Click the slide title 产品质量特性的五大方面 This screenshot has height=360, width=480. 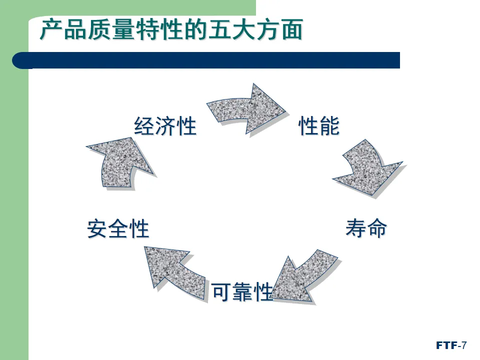click(171, 30)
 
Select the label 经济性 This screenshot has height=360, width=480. click(165, 126)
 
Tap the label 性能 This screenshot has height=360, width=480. click(319, 126)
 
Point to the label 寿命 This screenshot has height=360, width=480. click(366, 229)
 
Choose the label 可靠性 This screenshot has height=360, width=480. click(242, 292)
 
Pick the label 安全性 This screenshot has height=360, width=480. click(118, 229)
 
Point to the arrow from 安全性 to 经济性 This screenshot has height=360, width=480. click(118, 162)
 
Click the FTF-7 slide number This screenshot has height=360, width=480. click(451, 345)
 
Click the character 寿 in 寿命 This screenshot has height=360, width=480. click(355, 229)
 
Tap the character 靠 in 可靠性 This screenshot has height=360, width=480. click(242, 292)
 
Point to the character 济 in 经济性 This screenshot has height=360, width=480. click(165, 126)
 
